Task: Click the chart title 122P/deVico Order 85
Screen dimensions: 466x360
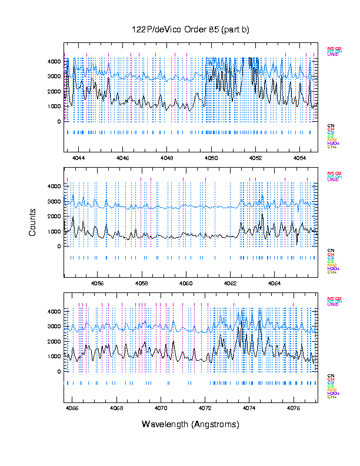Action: tap(191, 30)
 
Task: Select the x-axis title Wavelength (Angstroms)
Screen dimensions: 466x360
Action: tap(191, 424)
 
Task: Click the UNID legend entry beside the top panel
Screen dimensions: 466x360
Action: tap(333, 55)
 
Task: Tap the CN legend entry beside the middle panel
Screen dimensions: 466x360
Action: tap(331, 250)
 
